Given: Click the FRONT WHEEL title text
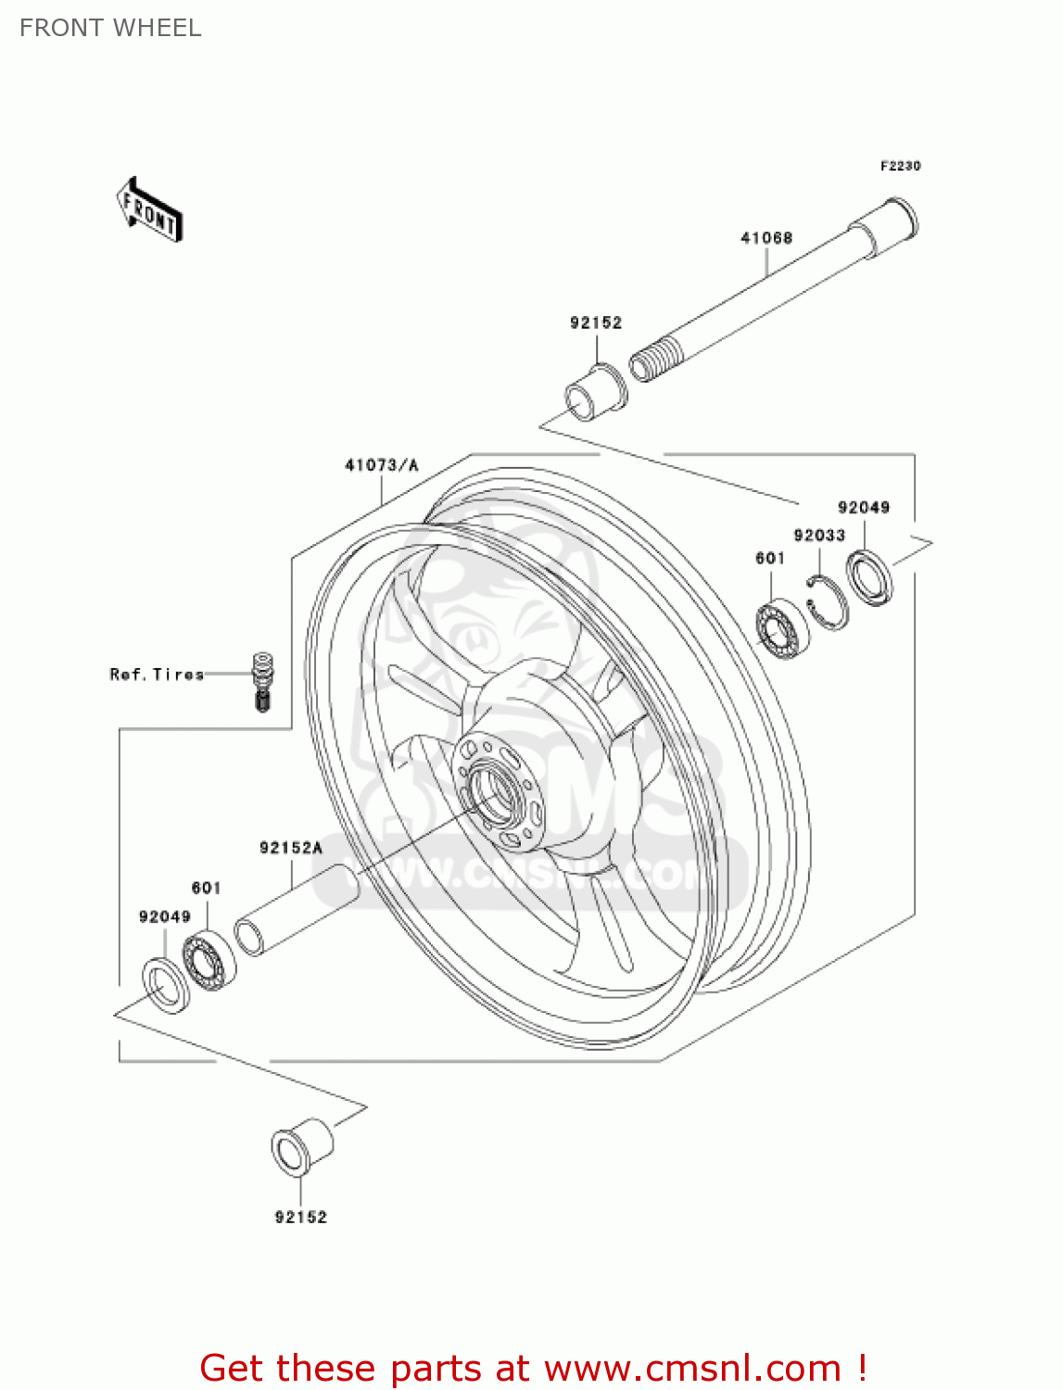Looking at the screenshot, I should pyautogui.click(x=110, y=28).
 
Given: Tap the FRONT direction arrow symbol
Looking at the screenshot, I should pyautogui.click(x=149, y=210).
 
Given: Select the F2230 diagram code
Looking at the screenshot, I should pyautogui.click(x=900, y=166).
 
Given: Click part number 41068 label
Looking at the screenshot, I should pyautogui.click(x=766, y=238).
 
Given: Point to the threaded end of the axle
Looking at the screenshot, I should pyautogui.click(x=654, y=358).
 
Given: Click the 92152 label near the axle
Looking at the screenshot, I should pyautogui.click(x=596, y=322).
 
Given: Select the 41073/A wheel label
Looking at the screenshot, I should pyautogui.click(x=382, y=465).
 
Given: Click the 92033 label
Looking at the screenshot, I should pyautogui.click(x=819, y=536).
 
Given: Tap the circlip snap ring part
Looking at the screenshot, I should pyautogui.click(x=827, y=602).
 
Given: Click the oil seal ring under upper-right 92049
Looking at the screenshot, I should pyautogui.click(x=870, y=577).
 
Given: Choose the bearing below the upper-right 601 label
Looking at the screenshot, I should pyautogui.click(x=780, y=628).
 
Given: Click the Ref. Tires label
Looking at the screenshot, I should pyautogui.click(x=157, y=675).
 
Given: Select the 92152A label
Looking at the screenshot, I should pyautogui.click(x=291, y=848).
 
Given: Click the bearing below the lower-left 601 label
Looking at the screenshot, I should pyautogui.click(x=209, y=962).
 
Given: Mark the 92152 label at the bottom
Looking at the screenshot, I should pyautogui.click(x=301, y=1217).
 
